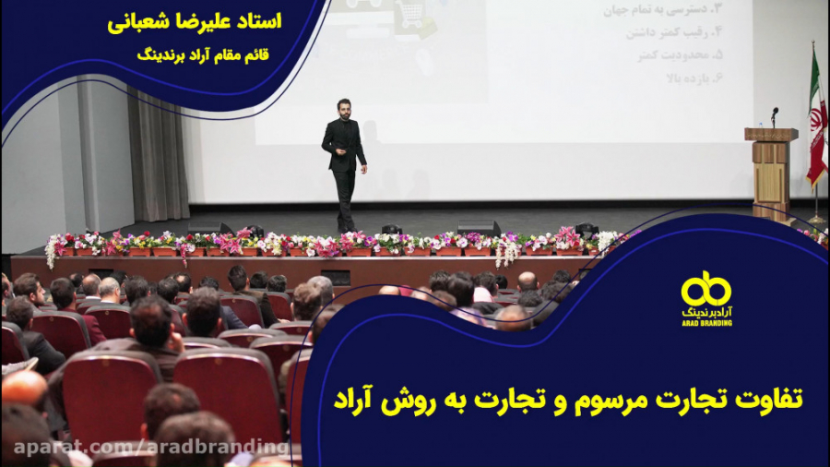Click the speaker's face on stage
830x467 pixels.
(x=343, y=109)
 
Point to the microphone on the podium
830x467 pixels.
(x=774, y=114)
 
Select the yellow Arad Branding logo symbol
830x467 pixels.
(x=706, y=289)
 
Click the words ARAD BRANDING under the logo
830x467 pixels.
(x=706, y=323)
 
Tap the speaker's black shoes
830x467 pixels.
(x=346, y=228)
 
